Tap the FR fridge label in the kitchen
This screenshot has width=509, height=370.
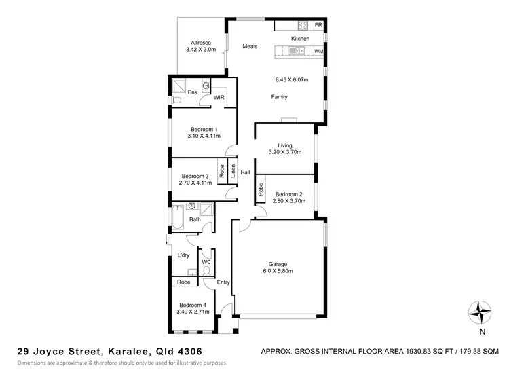pos(318,25)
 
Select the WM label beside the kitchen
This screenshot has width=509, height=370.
pos(318,51)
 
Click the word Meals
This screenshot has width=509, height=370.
pos(250,47)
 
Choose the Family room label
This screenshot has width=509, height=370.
pos(279,97)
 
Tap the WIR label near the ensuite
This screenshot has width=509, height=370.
pos(219,98)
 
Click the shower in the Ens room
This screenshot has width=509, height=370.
pos(181,86)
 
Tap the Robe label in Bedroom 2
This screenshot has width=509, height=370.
pos(260,191)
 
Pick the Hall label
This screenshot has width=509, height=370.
pos(245,172)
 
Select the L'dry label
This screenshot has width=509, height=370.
pos(183,255)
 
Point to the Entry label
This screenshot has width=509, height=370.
pos(223,282)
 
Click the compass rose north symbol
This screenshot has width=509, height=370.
pos(480,313)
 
